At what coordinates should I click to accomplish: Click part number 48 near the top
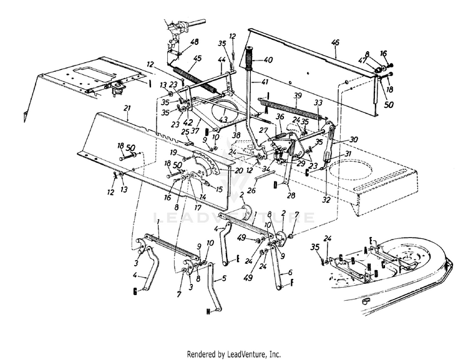click(x=194, y=42)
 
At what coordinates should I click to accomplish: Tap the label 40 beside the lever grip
click(x=269, y=60)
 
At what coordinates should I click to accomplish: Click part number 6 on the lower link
click(x=290, y=273)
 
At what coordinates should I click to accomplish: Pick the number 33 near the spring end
click(x=318, y=102)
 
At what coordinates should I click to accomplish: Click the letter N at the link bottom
click(x=207, y=310)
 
